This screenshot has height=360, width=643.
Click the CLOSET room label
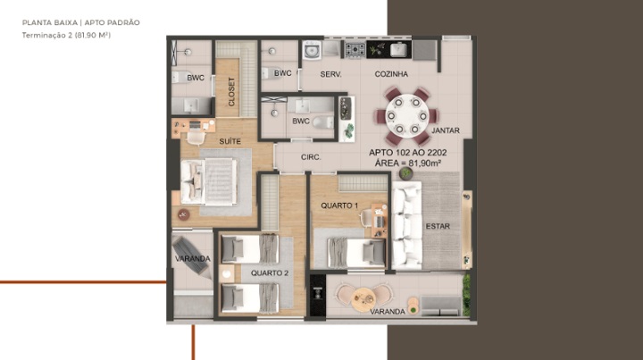click(x=231, y=91)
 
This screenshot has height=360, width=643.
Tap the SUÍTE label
click(x=230, y=141)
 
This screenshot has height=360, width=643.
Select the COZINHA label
click(x=391, y=74)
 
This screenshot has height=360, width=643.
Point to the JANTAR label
click(x=446, y=130)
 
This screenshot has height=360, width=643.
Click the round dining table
click(x=407, y=116)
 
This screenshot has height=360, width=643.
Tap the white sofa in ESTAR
click(x=407, y=225)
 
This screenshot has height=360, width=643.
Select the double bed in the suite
click(x=209, y=181)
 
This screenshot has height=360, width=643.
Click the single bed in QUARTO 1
click(x=356, y=251)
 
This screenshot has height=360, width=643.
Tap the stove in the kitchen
click(x=355, y=50)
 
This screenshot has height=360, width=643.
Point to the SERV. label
click(x=330, y=74)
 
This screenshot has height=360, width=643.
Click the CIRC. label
click(x=311, y=157)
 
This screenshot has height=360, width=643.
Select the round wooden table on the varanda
click(x=363, y=297)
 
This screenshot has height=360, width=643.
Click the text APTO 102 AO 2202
click(x=407, y=153)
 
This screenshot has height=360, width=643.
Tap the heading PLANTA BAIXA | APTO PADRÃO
click(x=80, y=22)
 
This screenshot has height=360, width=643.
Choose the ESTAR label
click(x=438, y=226)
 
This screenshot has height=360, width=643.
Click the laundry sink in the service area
click(x=312, y=51)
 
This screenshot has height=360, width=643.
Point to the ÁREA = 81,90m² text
click(x=408, y=163)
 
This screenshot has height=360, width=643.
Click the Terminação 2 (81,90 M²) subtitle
click(x=66, y=35)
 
